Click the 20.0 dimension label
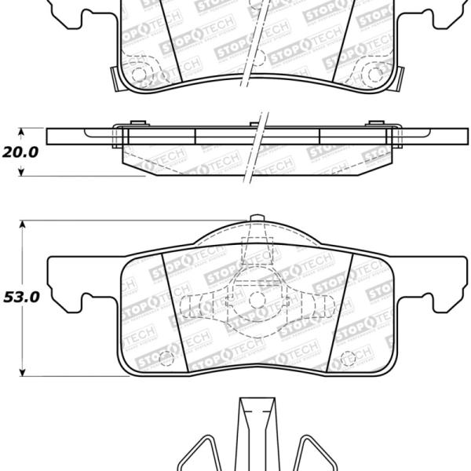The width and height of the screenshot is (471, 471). (x=19, y=152)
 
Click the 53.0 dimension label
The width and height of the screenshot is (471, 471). (x=19, y=298)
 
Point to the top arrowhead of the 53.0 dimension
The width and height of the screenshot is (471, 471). (x=21, y=226)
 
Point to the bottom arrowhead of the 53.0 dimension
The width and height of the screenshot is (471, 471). (x=21, y=371)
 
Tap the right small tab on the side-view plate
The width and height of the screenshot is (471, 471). (x=374, y=122)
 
